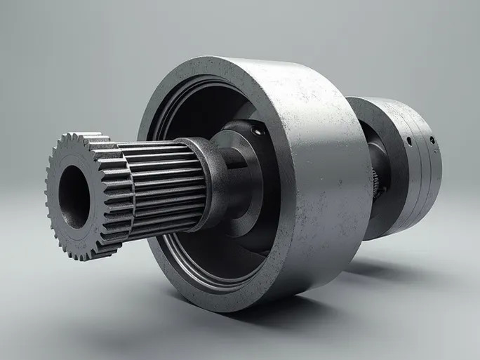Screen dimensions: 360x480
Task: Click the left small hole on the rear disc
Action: click(x=408, y=140)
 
